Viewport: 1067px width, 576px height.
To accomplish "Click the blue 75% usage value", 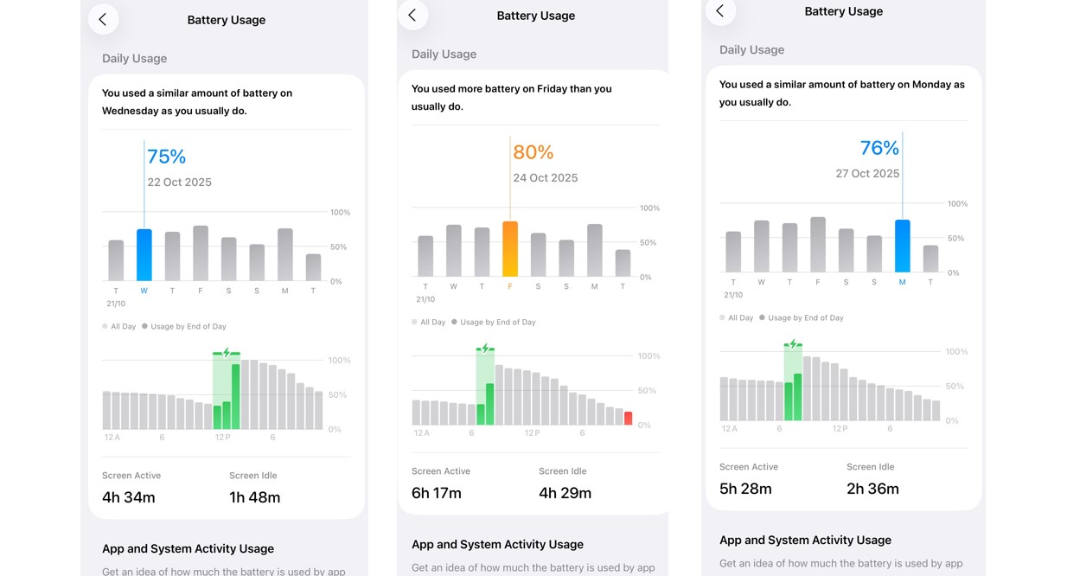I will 166,157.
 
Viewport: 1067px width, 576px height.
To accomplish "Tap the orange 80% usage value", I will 533,152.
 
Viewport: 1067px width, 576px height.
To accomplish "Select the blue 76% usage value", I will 879,148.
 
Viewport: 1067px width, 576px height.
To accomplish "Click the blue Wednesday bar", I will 144,255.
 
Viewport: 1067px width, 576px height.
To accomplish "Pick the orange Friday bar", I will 510,249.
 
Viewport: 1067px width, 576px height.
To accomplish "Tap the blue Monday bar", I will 902,246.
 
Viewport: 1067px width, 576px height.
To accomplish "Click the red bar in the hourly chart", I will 629,419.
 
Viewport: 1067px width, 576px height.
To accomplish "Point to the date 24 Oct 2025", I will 545,178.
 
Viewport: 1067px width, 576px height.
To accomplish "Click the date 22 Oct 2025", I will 179,182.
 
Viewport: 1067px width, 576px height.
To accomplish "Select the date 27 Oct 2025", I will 867,174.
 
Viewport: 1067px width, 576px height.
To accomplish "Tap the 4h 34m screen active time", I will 129,497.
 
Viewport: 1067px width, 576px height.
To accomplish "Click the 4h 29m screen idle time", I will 565,493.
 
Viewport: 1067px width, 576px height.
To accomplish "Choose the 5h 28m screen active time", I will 745,489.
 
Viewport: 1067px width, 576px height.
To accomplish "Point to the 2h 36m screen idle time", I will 872,489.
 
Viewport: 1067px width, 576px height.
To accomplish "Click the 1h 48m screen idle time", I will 254,497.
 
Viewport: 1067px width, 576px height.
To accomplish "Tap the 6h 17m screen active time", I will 437,493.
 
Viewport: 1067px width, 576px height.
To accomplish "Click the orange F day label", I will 510,286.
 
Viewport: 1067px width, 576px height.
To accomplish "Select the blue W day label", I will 144,291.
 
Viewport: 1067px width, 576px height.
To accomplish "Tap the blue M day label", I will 902,282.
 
